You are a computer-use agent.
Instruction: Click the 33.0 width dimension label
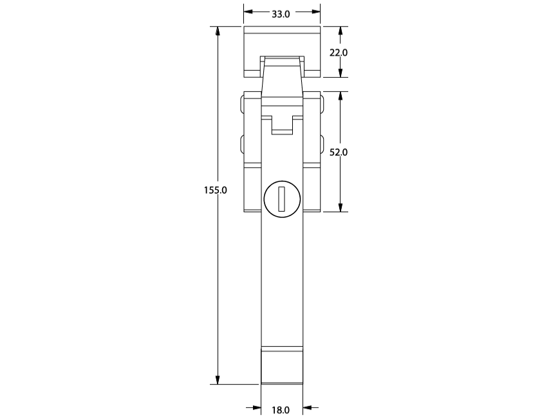tap(281, 14)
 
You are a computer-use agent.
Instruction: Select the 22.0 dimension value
tap(338, 53)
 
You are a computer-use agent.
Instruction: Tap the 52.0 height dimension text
tap(338, 152)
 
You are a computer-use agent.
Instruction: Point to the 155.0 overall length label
tap(216, 190)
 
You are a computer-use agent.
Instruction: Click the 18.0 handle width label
tap(281, 410)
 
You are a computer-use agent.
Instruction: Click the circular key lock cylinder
tap(282, 199)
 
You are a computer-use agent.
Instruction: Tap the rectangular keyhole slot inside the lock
tap(282, 198)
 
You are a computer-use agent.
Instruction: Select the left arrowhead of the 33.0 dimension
tap(248, 12)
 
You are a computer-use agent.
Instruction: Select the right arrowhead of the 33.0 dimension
tap(315, 12)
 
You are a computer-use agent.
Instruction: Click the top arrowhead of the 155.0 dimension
tap(218, 31)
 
